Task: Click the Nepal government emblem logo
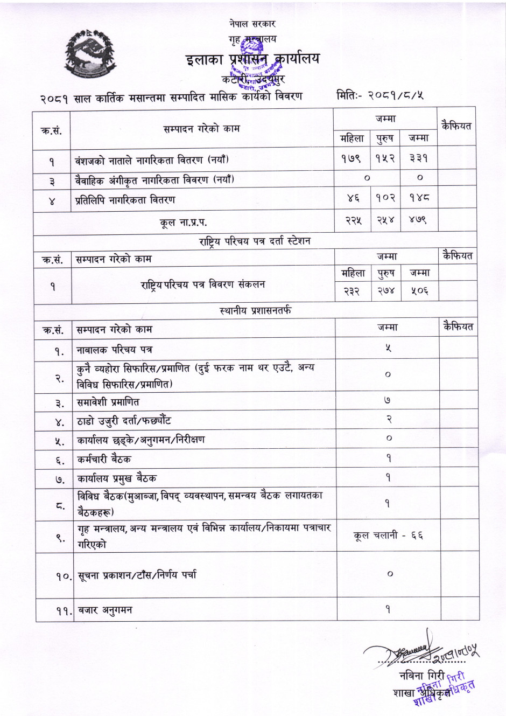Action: (90, 55)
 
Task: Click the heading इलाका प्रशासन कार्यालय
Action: (252, 59)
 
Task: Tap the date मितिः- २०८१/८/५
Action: (380, 95)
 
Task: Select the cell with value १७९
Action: (352, 159)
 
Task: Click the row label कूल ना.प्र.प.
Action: (183, 222)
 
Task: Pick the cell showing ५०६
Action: (419, 291)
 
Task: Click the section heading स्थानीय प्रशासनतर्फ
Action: (256, 311)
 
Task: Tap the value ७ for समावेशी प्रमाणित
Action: (388, 401)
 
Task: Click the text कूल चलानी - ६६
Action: (388, 536)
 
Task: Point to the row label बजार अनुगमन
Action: (104, 610)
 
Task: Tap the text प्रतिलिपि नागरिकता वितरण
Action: (125, 200)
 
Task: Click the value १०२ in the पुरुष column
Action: (385, 198)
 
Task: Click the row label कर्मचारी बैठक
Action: (104, 459)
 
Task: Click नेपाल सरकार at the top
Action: (252, 24)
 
